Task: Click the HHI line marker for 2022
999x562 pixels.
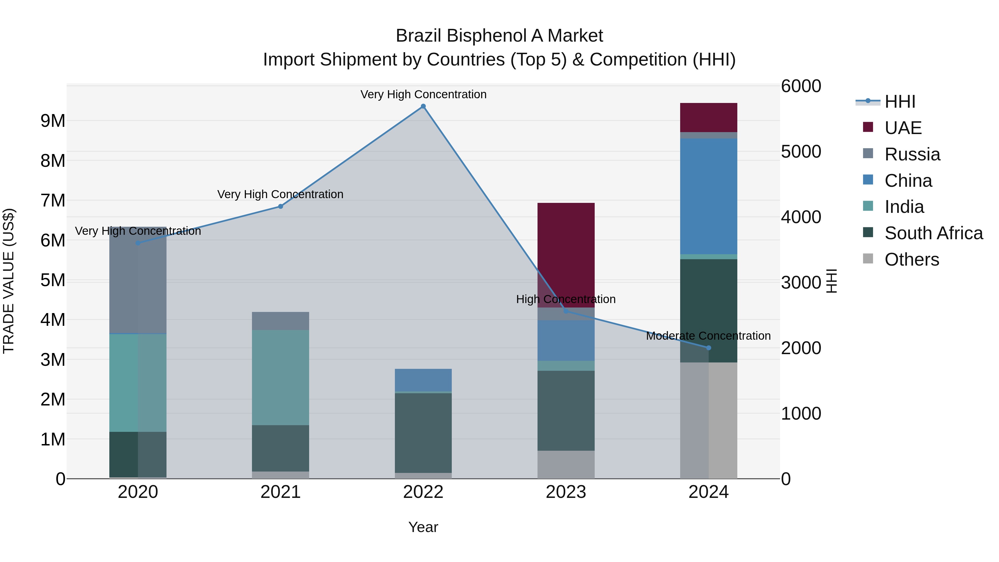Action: pyautogui.click(x=423, y=106)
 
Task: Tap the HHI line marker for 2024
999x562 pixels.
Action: pyautogui.click(x=708, y=348)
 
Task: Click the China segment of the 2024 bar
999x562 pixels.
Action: pyautogui.click(x=708, y=196)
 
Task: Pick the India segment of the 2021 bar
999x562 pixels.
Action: pyautogui.click(x=280, y=377)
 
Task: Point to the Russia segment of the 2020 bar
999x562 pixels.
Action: pyautogui.click(x=138, y=280)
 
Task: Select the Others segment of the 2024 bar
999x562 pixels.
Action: pyautogui.click(x=708, y=420)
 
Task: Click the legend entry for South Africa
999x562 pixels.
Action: pyautogui.click(x=934, y=233)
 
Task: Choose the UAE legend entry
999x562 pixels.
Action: pyautogui.click(x=903, y=128)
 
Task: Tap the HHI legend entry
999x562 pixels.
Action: pyautogui.click(x=900, y=102)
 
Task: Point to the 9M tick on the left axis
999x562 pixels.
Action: pyautogui.click(x=53, y=121)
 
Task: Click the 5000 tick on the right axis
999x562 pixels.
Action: pyautogui.click(x=801, y=152)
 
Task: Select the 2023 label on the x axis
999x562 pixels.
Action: pyautogui.click(x=566, y=492)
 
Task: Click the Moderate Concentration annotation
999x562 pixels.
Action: pyautogui.click(x=708, y=336)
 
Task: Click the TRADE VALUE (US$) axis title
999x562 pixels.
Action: pyautogui.click(x=9, y=281)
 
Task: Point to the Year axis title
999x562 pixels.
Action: pyautogui.click(x=423, y=527)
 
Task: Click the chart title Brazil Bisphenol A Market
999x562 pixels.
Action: pyautogui.click(x=499, y=36)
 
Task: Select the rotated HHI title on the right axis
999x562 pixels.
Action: pyautogui.click(x=832, y=281)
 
